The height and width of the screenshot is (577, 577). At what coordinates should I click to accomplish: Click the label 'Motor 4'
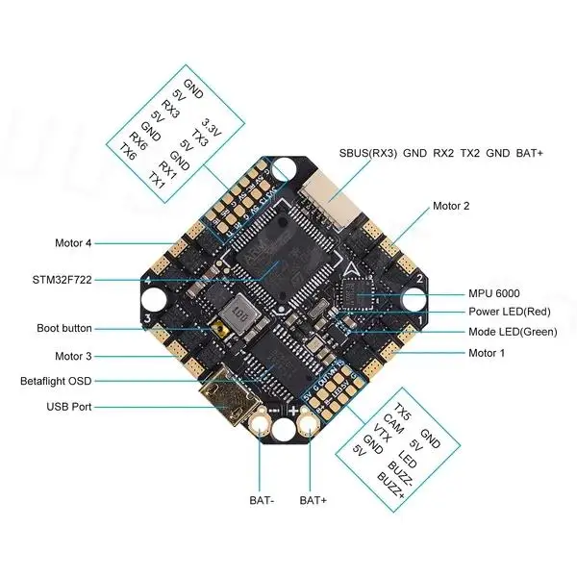point(73,243)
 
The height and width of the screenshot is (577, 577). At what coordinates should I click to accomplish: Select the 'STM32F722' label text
point(62,280)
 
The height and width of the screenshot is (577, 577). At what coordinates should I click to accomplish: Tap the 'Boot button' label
point(64,328)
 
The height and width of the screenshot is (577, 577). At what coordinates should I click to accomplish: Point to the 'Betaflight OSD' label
point(56,381)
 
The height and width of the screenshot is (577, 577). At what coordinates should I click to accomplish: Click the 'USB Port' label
point(69,407)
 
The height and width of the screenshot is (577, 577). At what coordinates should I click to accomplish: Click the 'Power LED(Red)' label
point(510,312)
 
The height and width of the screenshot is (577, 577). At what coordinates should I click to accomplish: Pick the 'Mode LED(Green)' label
point(513,332)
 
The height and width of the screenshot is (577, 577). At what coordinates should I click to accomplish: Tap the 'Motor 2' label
point(451,206)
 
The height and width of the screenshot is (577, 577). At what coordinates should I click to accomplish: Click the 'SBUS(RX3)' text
point(368,153)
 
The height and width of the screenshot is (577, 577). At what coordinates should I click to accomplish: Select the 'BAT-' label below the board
point(262,500)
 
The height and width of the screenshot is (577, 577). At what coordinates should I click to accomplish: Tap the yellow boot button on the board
point(219,327)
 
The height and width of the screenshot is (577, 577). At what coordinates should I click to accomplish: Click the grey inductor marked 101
point(239,314)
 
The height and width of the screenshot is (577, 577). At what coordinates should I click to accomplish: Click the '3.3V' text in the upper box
point(211,127)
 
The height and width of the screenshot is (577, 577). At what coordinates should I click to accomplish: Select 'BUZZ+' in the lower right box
point(390,485)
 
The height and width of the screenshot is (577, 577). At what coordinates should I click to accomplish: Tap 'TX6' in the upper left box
point(127,152)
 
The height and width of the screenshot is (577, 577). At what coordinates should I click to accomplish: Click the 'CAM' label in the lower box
point(393,424)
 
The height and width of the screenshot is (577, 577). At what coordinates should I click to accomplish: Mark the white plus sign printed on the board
point(293,410)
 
